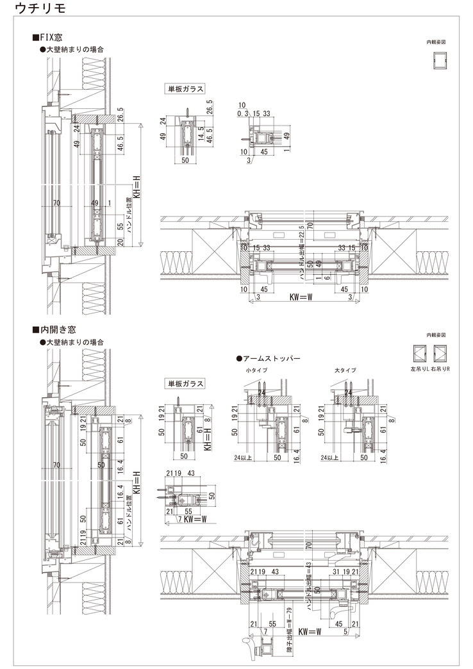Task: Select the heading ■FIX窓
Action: tap(49, 38)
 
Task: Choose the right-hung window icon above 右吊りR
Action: tap(440, 353)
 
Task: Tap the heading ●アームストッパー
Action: tap(269, 359)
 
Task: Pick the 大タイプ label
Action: tap(345, 371)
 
